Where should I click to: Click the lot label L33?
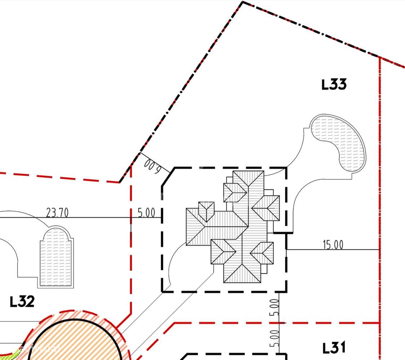(334, 85)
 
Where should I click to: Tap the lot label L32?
(22, 301)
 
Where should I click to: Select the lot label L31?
(334, 348)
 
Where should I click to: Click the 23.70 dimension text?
(57, 213)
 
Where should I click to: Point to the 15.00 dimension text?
(333, 245)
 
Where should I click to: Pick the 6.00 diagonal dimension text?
(152, 166)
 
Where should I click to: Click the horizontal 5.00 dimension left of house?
(146, 213)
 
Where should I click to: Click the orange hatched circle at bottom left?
(77, 342)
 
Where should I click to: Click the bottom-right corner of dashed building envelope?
(286, 291)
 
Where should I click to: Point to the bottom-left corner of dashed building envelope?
(162, 291)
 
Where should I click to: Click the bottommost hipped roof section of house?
(242, 274)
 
